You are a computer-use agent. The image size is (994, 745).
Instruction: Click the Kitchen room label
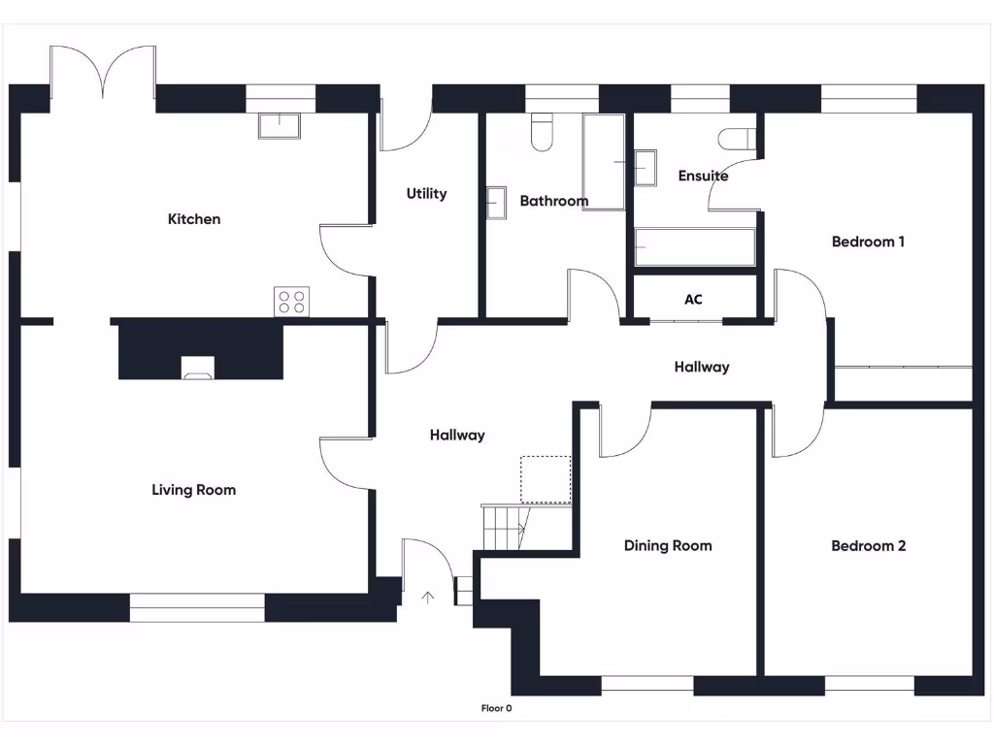(x=194, y=219)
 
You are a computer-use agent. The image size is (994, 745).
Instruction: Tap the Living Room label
(x=193, y=490)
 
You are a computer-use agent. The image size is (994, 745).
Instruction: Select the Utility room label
(x=426, y=194)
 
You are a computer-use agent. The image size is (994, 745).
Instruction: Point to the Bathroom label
(x=553, y=201)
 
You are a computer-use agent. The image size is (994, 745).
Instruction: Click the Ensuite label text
(x=703, y=176)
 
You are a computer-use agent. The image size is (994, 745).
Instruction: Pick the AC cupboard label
(x=693, y=300)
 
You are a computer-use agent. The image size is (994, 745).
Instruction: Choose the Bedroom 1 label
(x=868, y=242)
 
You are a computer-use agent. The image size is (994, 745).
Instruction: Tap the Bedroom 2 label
(x=868, y=546)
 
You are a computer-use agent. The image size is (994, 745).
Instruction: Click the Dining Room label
(x=667, y=546)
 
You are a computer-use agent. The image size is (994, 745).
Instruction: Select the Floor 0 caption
(x=496, y=708)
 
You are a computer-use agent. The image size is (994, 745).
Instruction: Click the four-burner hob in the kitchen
(x=291, y=302)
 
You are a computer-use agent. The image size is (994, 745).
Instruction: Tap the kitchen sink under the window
(x=280, y=125)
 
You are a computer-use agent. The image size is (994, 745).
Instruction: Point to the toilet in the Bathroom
(x=542, y=133)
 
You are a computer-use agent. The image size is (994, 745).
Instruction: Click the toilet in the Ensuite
(x=740, y=140)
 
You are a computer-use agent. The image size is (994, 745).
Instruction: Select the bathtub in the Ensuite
(x=695, y=246)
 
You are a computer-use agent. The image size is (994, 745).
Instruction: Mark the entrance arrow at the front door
(x=427, y=597)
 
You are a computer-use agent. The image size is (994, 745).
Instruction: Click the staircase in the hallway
(x=503, y=528)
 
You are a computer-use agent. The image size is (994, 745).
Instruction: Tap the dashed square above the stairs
(x=546, y=479)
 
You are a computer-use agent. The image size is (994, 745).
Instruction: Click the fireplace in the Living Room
(x=197, y=366)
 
